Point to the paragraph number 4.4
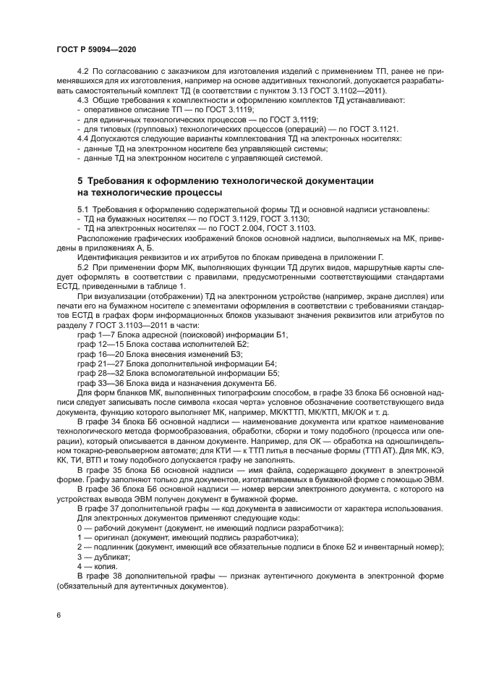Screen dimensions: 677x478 point(82,138)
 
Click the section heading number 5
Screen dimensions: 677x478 point(80,179)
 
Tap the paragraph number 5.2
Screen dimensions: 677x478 point(82,266)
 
